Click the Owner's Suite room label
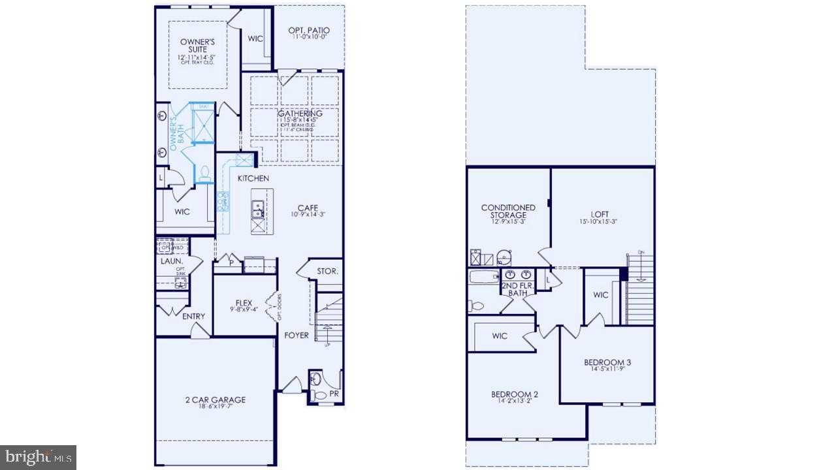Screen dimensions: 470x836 193,46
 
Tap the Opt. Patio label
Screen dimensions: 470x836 309,30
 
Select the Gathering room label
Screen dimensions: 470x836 299,114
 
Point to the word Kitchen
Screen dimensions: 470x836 253,178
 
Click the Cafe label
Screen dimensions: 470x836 307,208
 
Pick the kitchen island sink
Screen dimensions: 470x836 258,209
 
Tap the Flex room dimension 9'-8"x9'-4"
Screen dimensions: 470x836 244,310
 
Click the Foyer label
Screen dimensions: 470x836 296,336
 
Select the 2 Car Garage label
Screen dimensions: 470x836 214,399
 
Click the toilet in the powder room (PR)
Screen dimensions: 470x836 319,394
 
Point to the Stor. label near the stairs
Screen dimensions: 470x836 327,271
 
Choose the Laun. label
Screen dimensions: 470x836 171,261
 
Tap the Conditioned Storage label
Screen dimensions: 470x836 508,211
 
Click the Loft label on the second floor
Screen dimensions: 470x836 600,213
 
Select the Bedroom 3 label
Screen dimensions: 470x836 607,362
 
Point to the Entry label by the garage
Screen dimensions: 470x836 193,317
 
